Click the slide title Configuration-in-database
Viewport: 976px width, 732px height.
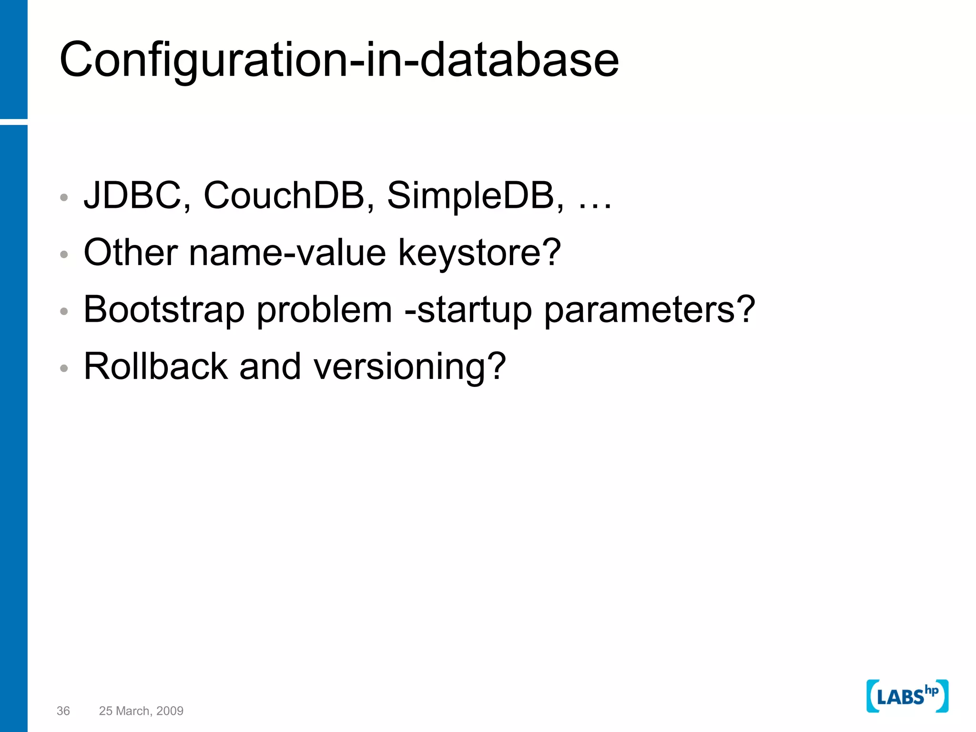(x=338, y=60)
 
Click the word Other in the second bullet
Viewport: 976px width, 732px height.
(x=131, y=252)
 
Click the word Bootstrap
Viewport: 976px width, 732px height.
(x=164, y=310)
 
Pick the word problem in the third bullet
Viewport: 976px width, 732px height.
(x=324, y=310)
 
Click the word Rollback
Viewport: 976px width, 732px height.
(x=155, y=366)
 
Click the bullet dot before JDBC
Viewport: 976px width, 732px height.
(x=64, y=197)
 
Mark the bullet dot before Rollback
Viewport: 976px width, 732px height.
(x=64, y=368)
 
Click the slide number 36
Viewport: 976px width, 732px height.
(x=63, y=711)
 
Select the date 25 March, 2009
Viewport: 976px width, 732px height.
(x=141, y=711)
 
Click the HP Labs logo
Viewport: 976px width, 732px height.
(x=907, y=696)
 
